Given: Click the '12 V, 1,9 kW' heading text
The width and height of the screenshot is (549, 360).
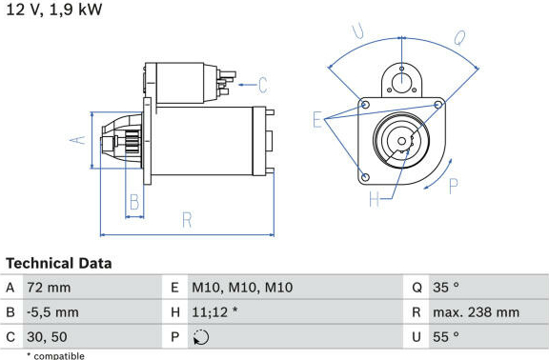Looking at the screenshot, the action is [x=54, y=9].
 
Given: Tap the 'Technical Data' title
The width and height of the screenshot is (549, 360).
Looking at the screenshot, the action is [x=59, y=263].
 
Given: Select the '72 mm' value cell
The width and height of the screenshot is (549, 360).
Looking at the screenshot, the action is [x=49, y=288].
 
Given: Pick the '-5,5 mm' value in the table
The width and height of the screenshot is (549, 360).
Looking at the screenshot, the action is [x=52, y=312].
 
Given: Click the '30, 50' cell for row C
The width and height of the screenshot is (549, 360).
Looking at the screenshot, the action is [x=47, y=337].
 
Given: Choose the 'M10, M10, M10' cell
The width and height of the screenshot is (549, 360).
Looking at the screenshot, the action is [x=242, y=288].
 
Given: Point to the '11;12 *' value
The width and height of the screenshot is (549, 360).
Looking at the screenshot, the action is [x=214, y=312].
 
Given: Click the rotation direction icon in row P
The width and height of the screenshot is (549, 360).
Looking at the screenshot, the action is [x=201, y=337].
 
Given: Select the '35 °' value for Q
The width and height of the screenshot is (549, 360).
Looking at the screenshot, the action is [x=446, y=288].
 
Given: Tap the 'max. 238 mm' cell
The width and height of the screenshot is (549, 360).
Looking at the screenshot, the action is [x=477, y=312].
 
